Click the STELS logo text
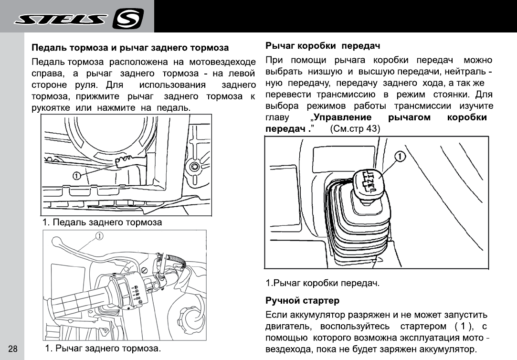(x=62, y=20)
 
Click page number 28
(x=13, y=348)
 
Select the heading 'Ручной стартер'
(x=302, y=301)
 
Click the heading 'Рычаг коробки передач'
(x=322, y=46)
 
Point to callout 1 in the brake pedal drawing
(x=75, y=176)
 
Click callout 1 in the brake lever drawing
(x=99, y=235)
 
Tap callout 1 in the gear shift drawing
(x=400, y=156)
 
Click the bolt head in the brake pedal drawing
(x=194, y=167)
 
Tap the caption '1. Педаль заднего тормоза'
(x=102, y=222)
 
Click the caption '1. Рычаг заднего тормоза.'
(x=102, y=348)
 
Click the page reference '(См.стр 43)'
(x=355, y=129)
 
